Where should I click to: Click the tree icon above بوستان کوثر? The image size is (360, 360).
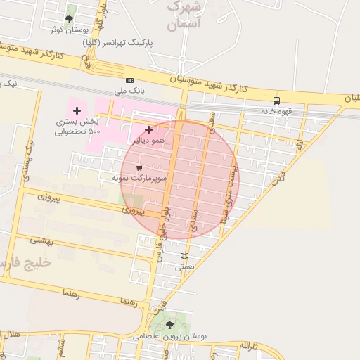(x=68, y=19)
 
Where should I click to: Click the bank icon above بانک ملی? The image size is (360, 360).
(x=129, y=81)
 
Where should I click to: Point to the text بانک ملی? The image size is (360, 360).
(x=129, y=91)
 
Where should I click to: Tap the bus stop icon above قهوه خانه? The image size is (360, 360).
(x=276, y=101)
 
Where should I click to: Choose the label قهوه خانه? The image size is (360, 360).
(x=276, y=111)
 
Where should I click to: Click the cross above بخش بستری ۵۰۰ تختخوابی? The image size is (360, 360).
(x=77, y=110)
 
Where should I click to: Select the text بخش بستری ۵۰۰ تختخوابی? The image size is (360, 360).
(x=78, y=127)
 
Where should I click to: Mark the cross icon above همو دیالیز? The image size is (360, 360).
(x=148, y=129)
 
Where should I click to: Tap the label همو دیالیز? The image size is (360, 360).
(x=149, y=141)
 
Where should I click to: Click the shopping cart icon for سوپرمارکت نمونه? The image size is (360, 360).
(x=139, y=168)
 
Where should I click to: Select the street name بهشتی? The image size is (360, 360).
(x=41, y=240)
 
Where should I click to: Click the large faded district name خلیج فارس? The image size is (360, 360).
(x=28, y=263)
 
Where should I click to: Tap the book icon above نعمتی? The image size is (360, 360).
(x=185, y=256)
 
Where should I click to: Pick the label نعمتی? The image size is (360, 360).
(x=185, y=267)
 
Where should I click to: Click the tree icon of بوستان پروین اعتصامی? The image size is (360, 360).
(x=169, y=325)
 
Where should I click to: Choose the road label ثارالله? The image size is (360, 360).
(x=249, y=346)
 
